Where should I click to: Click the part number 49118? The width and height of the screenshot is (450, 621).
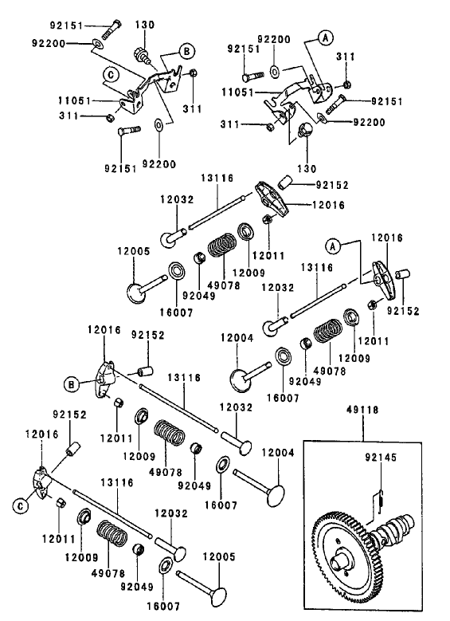pyautogui.click(x=363, y=412)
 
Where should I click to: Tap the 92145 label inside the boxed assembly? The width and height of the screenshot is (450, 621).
pyautogui.click(x=380, y=458)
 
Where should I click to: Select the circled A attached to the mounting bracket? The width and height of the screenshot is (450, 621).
pyautogui.click(x=325, y=37)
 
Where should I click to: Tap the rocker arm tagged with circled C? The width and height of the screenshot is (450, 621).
pyautogui.click(x=42, y=481)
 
